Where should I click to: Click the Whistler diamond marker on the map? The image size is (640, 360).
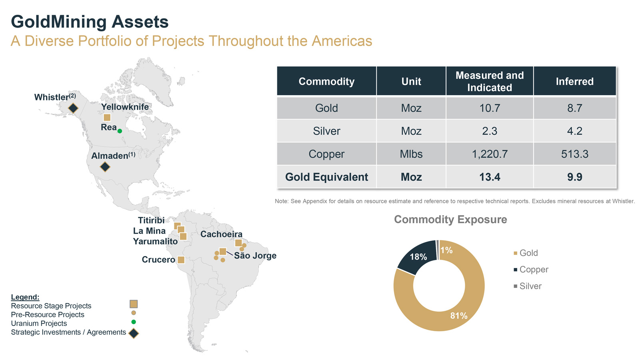[73, 108]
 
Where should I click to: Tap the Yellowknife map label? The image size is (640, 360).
[125, 107]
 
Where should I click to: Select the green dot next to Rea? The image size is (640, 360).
[120, 131]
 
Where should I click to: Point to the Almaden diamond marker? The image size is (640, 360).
[105, 166]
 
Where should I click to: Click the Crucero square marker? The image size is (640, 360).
[181, 260]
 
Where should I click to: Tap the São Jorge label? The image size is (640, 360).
[255, 256]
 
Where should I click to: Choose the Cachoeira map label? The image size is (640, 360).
[221, 234]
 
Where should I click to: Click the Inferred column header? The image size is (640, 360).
[574, 81]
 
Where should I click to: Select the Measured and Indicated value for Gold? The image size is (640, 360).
[490, 108]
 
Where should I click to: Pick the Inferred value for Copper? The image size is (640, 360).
[574, 154]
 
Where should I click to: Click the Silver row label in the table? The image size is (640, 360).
[326, 131]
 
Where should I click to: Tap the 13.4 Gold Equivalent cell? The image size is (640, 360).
[490, 177]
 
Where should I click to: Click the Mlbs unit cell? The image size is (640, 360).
[411, 154]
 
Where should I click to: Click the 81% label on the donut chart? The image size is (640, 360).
[459, 316]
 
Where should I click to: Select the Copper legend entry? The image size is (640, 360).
[534, 270]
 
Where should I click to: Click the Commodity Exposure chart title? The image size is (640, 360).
[450, 220]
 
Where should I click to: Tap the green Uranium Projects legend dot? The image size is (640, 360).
[134, 322]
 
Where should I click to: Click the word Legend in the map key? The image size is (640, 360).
[25, 297]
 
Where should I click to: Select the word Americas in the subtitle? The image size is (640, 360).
[342, 41]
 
